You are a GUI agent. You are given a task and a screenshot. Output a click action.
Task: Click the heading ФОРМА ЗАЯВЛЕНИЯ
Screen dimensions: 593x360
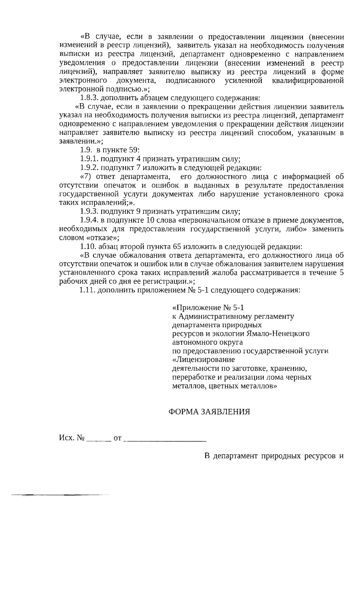(x=209, y=411)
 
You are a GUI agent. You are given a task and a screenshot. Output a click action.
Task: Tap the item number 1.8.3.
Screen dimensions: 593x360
(x=89, y=98)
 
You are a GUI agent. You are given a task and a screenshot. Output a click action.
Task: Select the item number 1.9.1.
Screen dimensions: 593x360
(x=89, y=159)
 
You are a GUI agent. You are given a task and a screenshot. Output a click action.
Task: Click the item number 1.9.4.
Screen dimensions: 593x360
(x=89, y=220)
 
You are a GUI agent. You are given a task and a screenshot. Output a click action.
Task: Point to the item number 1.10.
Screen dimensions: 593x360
(x=88, y=247)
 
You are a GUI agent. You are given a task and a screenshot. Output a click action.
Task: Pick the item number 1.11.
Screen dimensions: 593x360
(x=87, y=290)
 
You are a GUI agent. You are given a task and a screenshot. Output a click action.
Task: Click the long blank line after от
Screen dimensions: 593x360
(x=165, y=439)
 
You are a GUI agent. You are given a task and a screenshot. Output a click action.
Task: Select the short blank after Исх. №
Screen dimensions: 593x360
(x=98, y=439)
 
